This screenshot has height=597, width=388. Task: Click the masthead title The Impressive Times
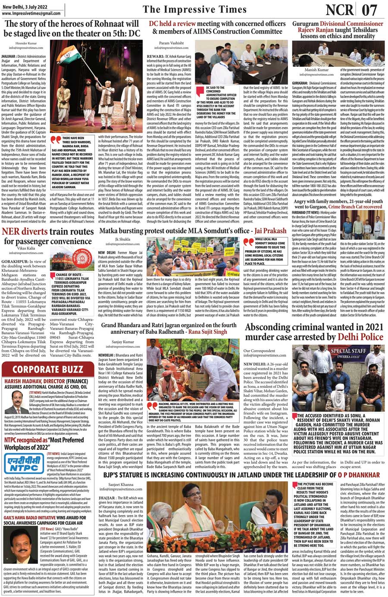195,10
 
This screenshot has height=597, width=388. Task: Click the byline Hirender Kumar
25,44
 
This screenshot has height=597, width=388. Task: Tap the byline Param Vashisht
171,44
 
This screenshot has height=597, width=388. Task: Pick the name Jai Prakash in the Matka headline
270,231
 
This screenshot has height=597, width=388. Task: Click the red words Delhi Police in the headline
360,336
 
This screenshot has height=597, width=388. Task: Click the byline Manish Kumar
316,70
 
